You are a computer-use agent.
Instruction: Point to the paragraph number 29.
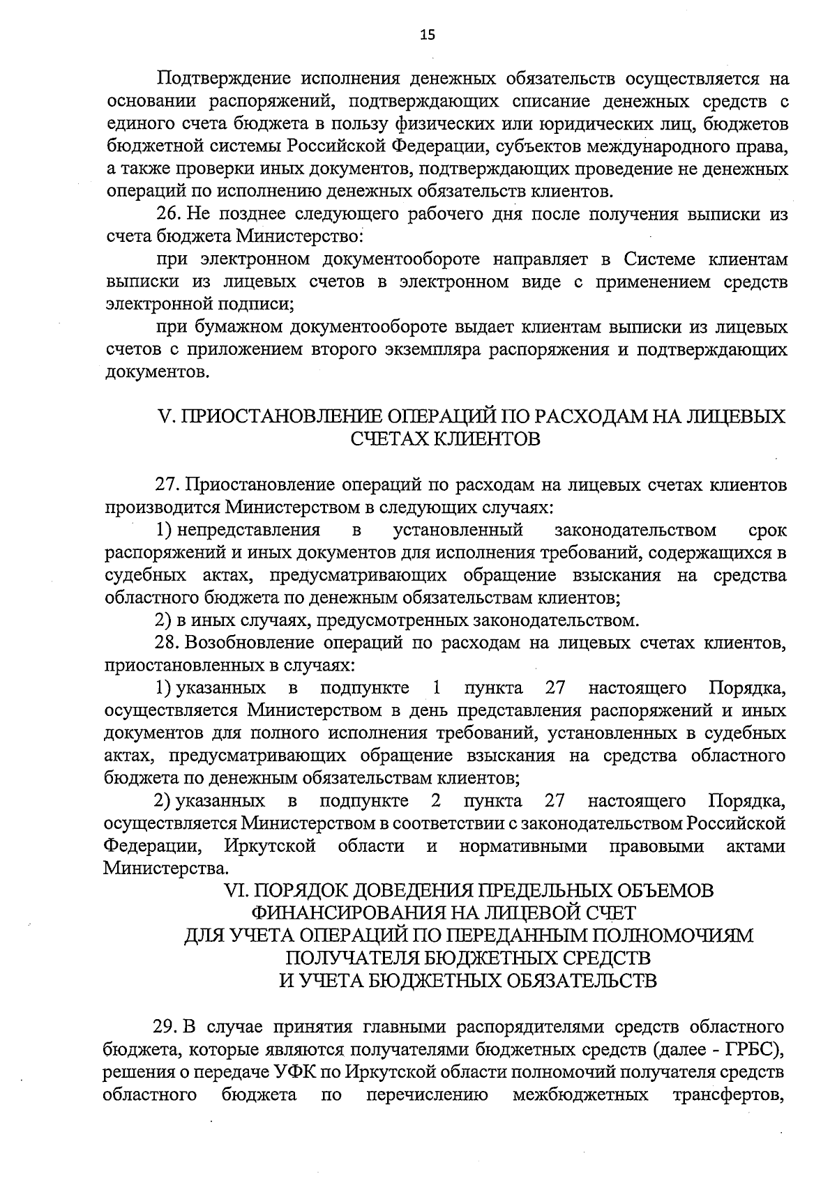point(168,1028)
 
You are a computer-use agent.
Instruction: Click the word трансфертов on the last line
point(730,1095)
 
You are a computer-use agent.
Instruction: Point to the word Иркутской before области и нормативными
point(270,846)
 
